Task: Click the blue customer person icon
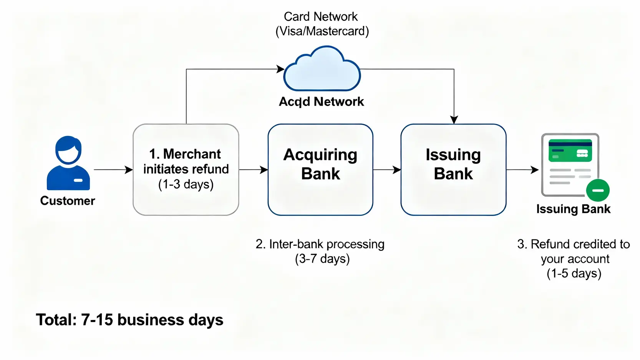[68, 163]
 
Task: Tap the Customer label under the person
[68, 201]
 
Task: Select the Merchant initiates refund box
[186, 169]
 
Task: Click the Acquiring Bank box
[320, 169]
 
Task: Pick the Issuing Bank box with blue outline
[453, 169]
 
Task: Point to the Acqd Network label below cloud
[321, 101]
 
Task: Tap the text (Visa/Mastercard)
[322, 31]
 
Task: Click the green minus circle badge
[598, 190]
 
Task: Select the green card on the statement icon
[570, 151]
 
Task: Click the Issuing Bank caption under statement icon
[573, 209]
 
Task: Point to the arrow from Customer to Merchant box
[113, 169]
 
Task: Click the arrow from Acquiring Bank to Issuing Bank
[387, 169]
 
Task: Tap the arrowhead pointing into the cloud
[281, 69]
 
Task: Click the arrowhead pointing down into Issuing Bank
[454, 119]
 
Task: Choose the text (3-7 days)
[322, 259]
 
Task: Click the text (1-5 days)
[574, 274]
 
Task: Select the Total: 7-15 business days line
[129, 320]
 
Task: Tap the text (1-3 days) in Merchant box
[186, 184]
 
